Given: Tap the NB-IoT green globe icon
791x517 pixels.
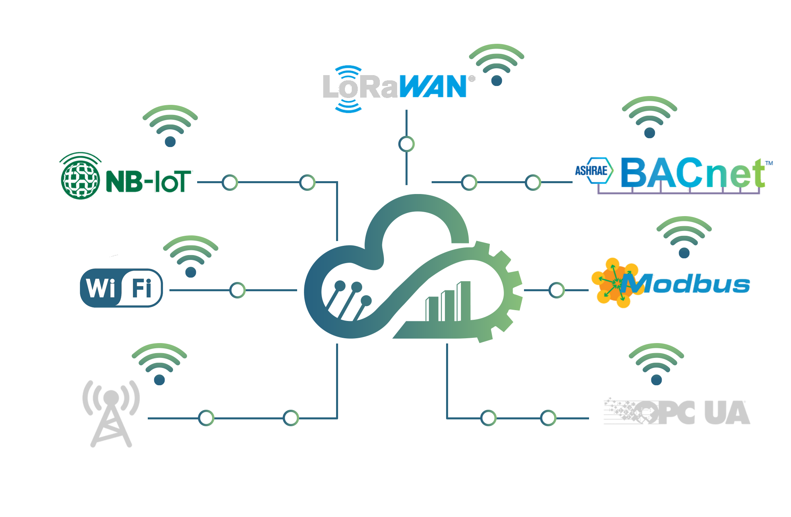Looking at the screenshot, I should [x=80, y=177].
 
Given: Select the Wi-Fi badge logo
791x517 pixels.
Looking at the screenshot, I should [x=121, y=288].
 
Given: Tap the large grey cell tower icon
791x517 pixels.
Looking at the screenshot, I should [x=110, y=414].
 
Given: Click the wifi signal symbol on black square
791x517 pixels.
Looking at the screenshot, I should [x=497, y=64].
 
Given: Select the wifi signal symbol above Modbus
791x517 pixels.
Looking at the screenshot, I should [x=684, y=237].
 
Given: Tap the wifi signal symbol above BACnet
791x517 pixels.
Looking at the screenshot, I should [x=650, y=117].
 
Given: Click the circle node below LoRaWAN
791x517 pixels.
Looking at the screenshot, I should [x=406, y=144].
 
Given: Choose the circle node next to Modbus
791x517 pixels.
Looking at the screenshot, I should [x=557, y=290].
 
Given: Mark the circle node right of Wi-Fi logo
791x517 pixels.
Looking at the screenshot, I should [x=237, y=290].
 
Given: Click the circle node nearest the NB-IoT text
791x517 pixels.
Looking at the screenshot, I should [x=230, y=182].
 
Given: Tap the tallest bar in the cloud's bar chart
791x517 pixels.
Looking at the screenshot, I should [x=464, y=301].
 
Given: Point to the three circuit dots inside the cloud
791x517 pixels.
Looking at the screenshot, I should [x=353, y=291].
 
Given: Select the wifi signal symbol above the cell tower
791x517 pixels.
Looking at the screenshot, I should [x=159, y=364].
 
